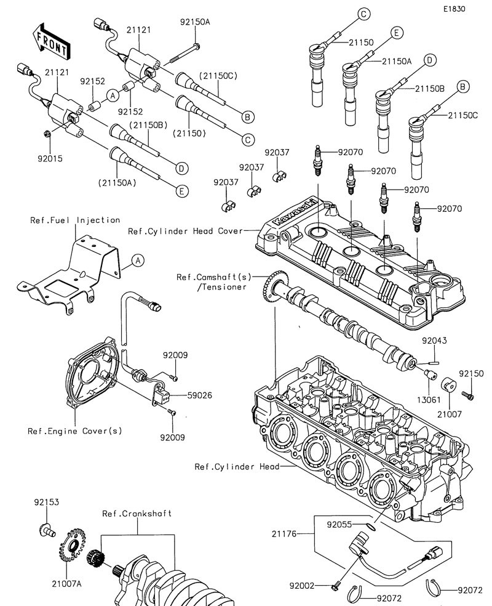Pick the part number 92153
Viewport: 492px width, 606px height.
46,503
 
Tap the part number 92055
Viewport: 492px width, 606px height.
339,525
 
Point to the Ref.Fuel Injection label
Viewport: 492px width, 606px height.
75,220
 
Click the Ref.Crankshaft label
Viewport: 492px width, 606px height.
137,514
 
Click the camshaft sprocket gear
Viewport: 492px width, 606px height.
271,289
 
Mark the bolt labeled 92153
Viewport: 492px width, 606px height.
46,527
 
